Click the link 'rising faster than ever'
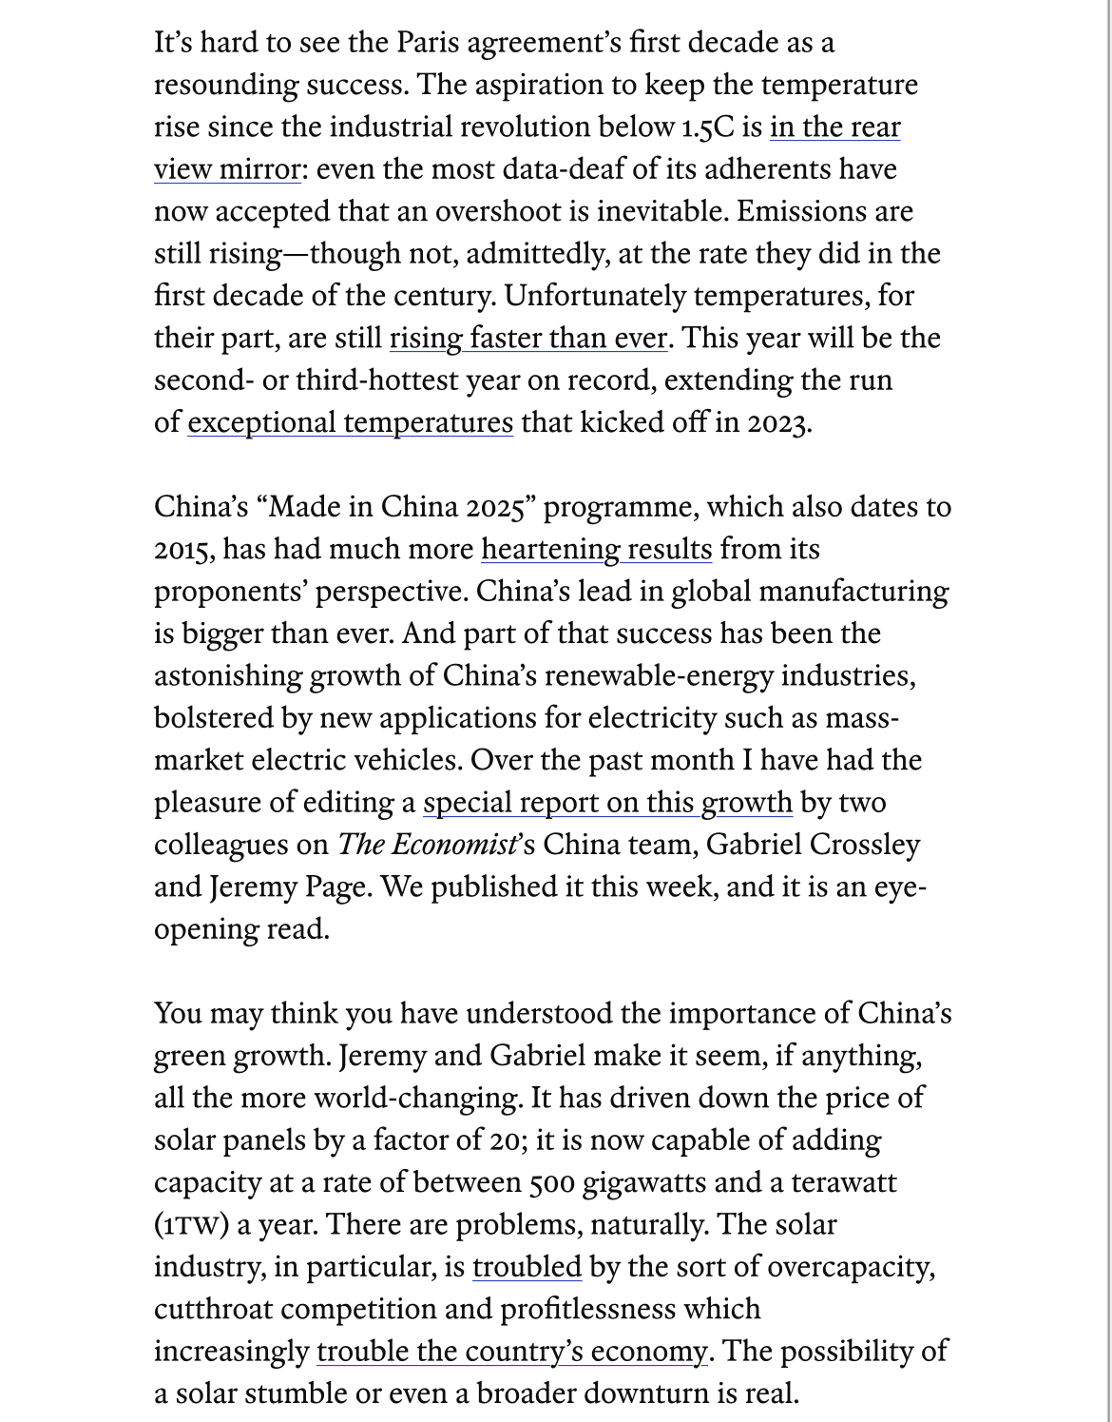click(x=528, y=339)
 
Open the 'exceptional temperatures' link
click(x=350, y=422)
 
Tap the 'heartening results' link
click(x=596, y=550)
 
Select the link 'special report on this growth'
click(x=607, y=803)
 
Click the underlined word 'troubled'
click(x=527, y=1267)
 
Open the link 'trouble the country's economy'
click(x=512, y=1352)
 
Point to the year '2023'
click(x=778, y=422)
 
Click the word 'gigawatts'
click(x=643, y=1182)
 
